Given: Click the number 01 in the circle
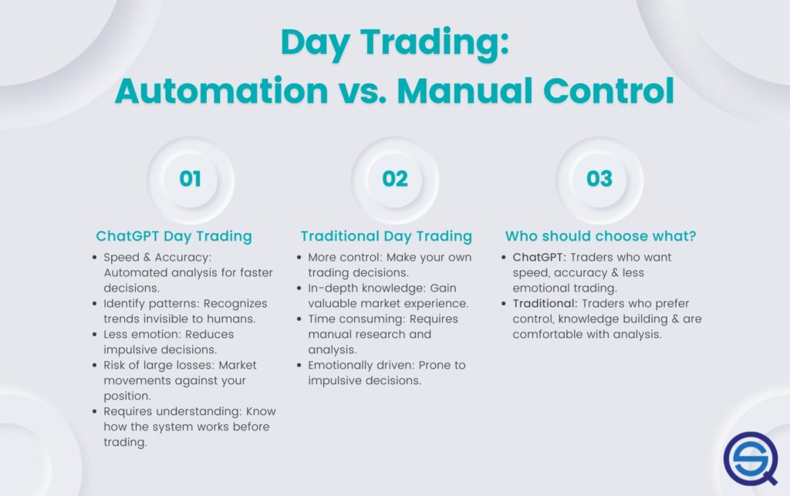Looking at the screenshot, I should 190,179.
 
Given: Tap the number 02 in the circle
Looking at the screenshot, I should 394,179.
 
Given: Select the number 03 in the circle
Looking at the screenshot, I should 599,179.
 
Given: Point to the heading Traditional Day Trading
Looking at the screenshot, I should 386,236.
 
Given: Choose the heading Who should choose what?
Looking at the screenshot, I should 601,236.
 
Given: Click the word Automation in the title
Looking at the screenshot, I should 221,91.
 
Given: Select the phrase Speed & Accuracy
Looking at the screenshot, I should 154,258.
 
